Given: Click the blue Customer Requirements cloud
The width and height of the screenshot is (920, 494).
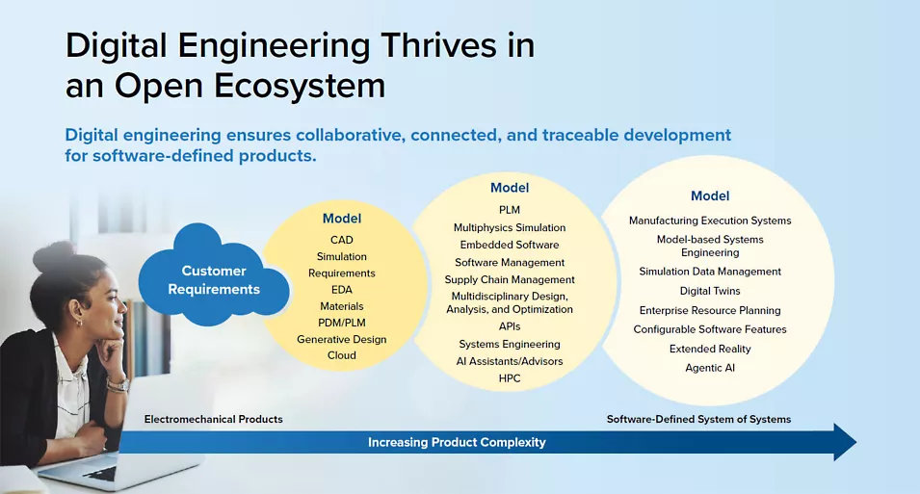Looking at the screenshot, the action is pyautogui.click(x=214, y=275).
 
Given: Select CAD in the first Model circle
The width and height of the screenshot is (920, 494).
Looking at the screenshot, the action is pyautogui.click(x=341, y=240).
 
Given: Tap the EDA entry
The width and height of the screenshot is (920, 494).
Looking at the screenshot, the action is pyautogui.click(x=341, y=290).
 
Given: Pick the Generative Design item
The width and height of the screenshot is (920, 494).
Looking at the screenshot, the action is pyautogui.click(x=341, y=339).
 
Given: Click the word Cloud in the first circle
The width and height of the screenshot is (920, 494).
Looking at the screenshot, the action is pyautogui.click(x=341, y=355).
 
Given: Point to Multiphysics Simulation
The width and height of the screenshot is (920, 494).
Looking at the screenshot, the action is pyautogui.click(x=510, y=227).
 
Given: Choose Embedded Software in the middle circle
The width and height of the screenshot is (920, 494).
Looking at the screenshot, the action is pyautogui.click(x=510, y=245).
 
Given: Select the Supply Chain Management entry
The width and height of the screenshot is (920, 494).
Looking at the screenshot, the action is pyautogui.click(x=510, y=280).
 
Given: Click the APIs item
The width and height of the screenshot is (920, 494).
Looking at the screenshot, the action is pyautogui.click(x=510, y=326).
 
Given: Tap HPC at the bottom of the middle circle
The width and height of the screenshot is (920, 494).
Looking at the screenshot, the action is pyautogui.click(x=510, y=378).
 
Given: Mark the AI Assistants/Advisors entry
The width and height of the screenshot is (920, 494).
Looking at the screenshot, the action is pyautogui.click(x=510, y=361).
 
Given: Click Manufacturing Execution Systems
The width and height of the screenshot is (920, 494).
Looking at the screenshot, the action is pyautogui.click(x=710, y=221).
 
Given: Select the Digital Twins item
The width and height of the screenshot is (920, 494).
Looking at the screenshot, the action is pyautogui.click(x=710, y=291).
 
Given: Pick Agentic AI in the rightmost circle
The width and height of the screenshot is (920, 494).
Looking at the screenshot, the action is pyautogui.click(x=710, y=368).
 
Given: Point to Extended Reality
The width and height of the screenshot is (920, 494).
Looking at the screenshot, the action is pyautogui.click(x=710, y=350).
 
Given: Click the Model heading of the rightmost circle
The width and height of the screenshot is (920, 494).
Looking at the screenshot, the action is pyautogui.click(x=710, y=195).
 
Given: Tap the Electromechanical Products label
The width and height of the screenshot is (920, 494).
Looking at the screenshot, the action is pyautogui.click(x=214, y=420).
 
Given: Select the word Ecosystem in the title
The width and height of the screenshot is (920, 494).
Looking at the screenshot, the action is pyautogui.click(x=300, y=87).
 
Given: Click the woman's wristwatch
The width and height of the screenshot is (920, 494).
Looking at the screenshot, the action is pyautogui.click(x=118, y=385).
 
